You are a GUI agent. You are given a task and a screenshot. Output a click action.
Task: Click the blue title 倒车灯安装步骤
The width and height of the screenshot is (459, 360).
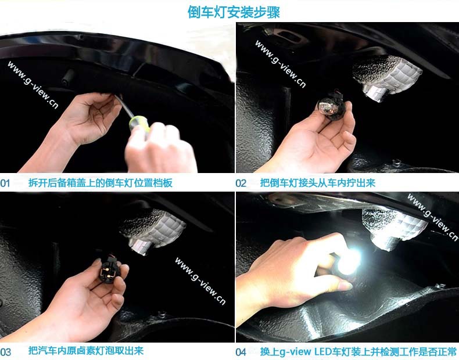pos(234,12)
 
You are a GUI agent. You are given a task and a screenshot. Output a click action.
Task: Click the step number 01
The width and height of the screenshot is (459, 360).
pos(5,183)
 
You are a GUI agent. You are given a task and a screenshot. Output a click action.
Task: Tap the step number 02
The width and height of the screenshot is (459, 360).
pos(241,183)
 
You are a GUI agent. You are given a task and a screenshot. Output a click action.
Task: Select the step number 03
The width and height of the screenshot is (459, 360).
pos(6,352)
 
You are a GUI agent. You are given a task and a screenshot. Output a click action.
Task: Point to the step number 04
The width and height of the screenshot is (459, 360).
pos(241,352)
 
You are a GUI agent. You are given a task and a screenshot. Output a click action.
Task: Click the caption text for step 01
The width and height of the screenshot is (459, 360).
pos(101,183)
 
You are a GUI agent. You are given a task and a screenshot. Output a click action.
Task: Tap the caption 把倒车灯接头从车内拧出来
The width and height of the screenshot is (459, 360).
pos(318,183)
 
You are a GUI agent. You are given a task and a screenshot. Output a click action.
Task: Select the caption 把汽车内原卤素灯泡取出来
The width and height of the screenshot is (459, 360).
pos(86,350)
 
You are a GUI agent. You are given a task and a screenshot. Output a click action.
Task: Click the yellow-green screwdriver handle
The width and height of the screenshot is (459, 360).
pos(139,125)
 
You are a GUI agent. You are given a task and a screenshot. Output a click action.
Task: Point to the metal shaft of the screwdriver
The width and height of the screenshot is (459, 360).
pos(124,106)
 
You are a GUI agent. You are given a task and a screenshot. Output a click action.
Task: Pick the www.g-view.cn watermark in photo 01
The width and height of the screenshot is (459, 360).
pos(33,85)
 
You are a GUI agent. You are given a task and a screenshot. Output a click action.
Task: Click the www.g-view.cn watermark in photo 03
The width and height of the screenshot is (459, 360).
pos(200,281)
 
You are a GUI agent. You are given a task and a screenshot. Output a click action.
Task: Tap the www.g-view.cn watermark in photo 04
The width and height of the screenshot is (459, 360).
pos(433,217)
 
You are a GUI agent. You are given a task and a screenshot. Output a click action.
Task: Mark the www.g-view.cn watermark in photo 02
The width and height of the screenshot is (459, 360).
pos(281,64)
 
